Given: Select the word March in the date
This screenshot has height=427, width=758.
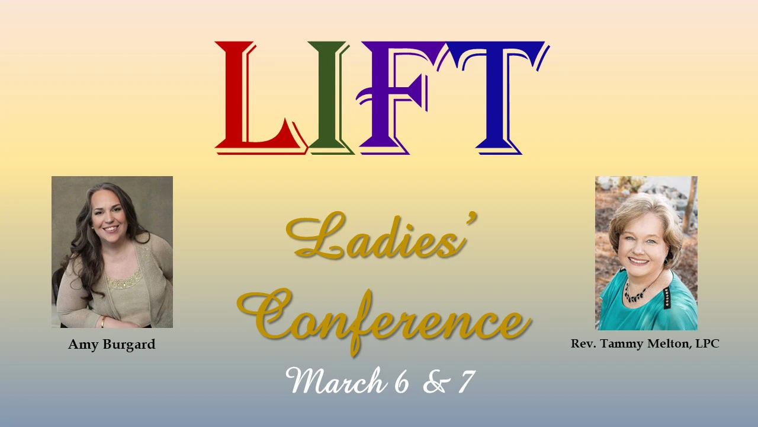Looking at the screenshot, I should coord(335,381).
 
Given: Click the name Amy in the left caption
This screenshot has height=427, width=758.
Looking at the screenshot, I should coord(81,345).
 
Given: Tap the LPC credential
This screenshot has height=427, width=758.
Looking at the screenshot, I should coord(707,343).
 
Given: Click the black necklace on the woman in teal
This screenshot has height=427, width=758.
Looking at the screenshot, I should coord(637,294).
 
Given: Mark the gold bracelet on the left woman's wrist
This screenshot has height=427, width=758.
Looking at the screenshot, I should coord(103,322).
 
